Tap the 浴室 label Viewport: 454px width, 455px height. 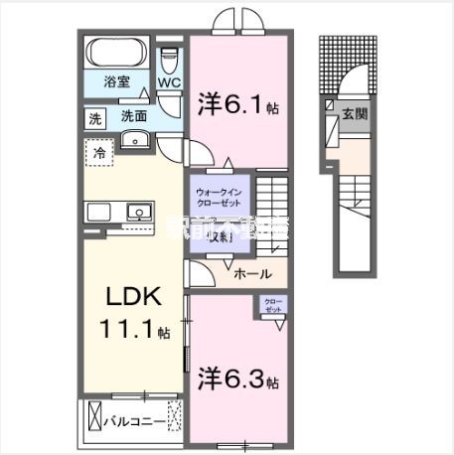[116, 83]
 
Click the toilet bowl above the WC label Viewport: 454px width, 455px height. [168, 55]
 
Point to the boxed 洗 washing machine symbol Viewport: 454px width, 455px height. [95, 118]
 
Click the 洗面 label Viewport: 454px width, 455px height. [133, 116]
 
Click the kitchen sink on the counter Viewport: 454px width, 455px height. [136, 211]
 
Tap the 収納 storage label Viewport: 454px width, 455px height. [217, 236]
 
